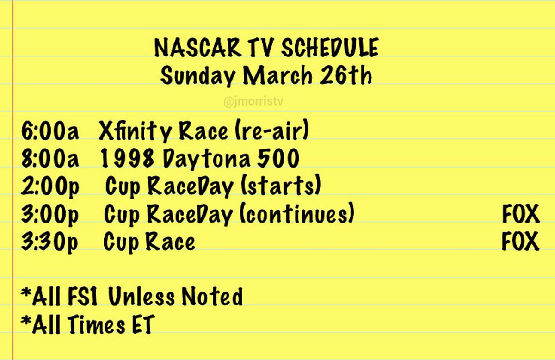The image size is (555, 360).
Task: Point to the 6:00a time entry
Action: coord(50,131)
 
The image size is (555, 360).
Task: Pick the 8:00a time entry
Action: coord(50,159)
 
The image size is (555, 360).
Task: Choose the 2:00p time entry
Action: coord(50,186)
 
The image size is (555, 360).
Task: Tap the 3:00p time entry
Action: coord(50,214)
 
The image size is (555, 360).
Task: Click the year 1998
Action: coord(128,159)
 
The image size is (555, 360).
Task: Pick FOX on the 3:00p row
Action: coord(521,215)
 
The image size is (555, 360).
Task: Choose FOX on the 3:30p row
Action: coord(521,242)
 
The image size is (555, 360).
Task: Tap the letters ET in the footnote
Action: coord(139,325)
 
